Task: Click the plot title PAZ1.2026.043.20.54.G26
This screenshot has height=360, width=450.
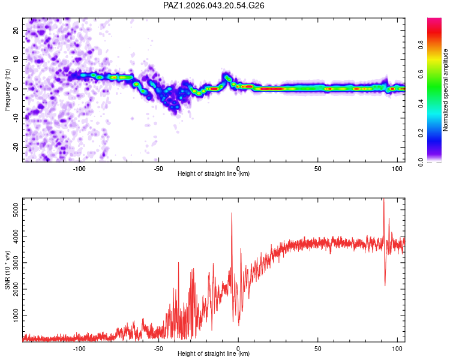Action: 214,5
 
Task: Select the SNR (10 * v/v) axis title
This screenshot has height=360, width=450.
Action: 8,271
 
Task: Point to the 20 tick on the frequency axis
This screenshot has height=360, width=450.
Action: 16,30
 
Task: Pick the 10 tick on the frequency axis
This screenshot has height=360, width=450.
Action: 16,59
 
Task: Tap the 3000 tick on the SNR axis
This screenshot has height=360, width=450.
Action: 13,263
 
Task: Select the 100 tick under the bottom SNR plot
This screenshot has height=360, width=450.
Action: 397,348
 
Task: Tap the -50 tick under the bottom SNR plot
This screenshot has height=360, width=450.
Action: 158,348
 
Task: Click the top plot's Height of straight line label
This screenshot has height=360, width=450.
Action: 214,173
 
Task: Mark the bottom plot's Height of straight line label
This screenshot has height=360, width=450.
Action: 214,354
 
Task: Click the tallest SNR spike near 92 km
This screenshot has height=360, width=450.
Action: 383,200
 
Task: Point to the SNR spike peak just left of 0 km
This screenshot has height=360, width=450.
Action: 232,213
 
